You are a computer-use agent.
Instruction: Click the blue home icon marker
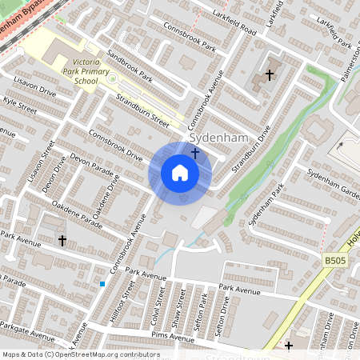pos(180,173)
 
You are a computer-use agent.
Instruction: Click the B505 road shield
pos(335,261)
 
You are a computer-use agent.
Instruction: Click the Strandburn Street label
pos(142,111)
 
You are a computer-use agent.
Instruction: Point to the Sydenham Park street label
pos(266,205)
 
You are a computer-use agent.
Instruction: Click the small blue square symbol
pos(102,283)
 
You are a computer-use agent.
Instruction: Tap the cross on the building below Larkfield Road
pos(269,74)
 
